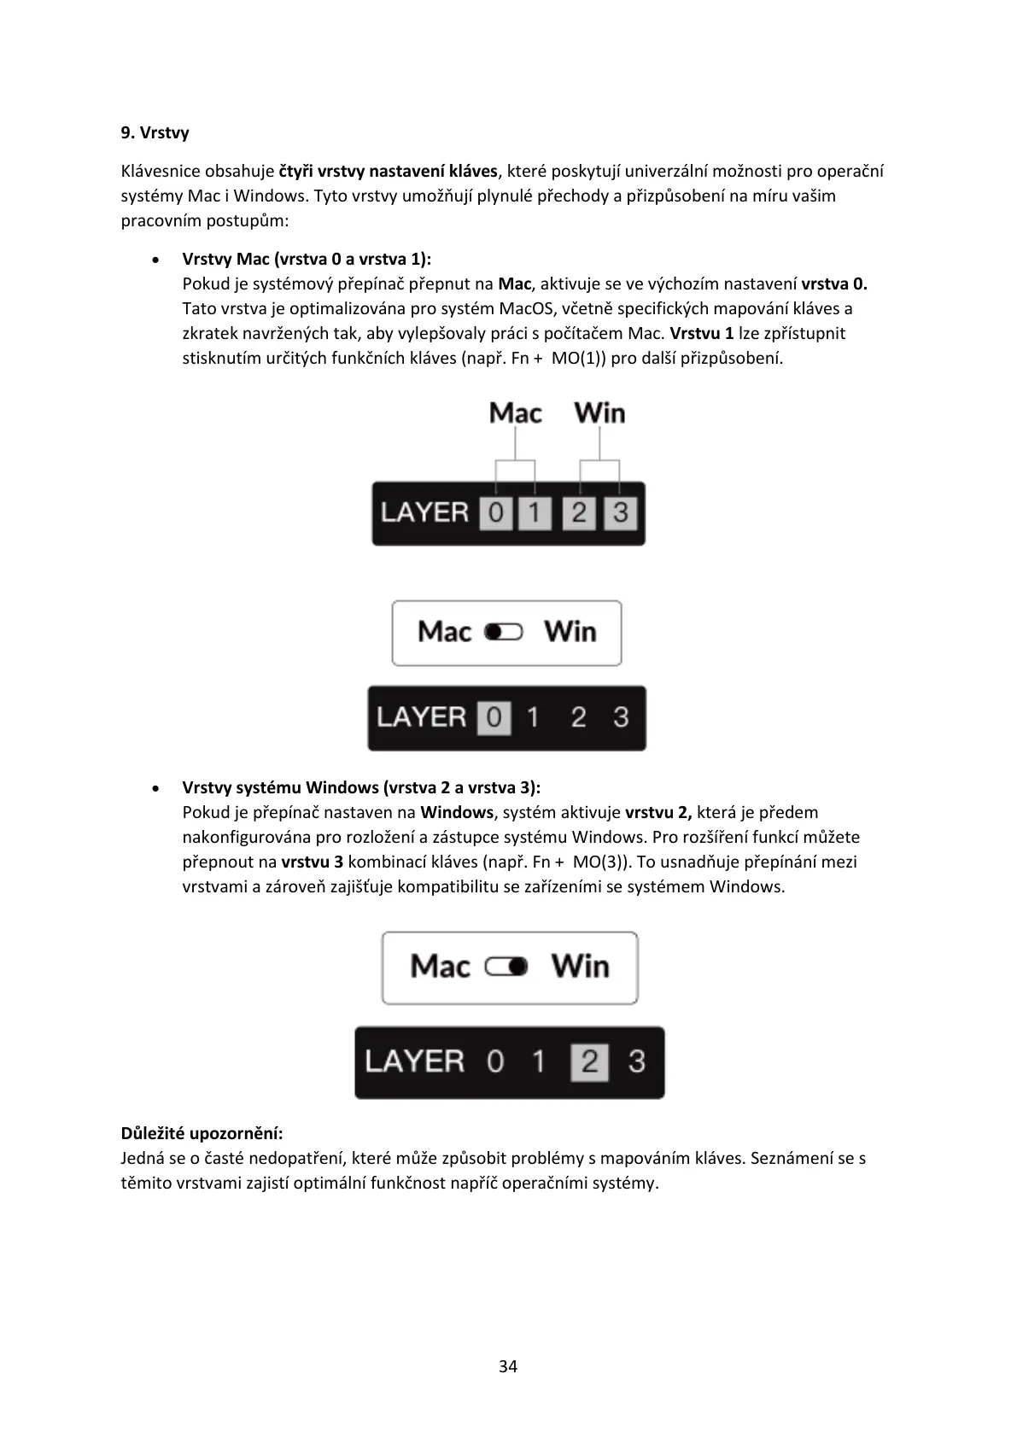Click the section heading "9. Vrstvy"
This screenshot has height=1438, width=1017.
pos(155,132)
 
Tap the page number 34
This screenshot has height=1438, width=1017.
pos(508,1367)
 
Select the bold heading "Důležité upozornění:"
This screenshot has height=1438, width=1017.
pos(202,1133)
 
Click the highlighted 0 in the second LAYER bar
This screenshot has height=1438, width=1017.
pos(494,717)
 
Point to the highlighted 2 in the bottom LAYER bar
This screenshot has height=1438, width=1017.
pos(589,1062)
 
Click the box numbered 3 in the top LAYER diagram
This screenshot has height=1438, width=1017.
pos(621,513)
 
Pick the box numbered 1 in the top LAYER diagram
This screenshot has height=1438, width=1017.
pos(535,513)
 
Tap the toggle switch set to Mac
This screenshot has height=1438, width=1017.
pos(504,632)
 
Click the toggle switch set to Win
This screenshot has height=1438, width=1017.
pos(506,967)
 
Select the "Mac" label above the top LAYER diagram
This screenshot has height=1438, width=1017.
pos(515,413)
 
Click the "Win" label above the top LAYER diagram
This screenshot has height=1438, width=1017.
pos(599,413)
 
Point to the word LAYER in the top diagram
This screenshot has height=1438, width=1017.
pos(425,513)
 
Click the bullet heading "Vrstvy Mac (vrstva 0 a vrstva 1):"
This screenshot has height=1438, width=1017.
pos(307,259)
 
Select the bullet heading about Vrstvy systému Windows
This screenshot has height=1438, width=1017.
pos(361,787)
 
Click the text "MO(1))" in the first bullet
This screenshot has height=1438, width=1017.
pos(579,358)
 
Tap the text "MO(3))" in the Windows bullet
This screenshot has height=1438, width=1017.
pos(602,862)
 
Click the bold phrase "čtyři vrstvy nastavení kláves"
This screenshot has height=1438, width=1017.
pos(388,171)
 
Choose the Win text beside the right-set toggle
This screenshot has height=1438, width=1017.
pos(581,967)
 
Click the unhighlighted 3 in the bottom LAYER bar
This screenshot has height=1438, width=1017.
pos(636,1062)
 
